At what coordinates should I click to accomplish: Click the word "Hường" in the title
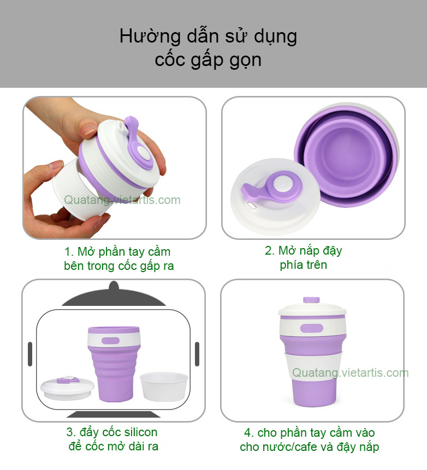point(150,37)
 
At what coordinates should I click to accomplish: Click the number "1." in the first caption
point(69,252)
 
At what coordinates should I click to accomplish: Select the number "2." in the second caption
point(269,251)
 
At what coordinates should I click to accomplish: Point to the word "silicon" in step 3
point(140,432)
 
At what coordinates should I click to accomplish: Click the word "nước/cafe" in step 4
point(281,447)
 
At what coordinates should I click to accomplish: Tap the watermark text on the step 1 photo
point(122,200)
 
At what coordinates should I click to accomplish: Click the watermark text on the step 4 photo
point(350,372)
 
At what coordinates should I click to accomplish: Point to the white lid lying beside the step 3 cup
point(68,388)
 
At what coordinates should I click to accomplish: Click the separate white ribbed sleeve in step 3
point(164,387)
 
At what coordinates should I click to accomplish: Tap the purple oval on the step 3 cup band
point(110,341)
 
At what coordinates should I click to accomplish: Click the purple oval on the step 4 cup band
point(312,328)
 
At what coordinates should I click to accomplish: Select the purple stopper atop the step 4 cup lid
point(311,300)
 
